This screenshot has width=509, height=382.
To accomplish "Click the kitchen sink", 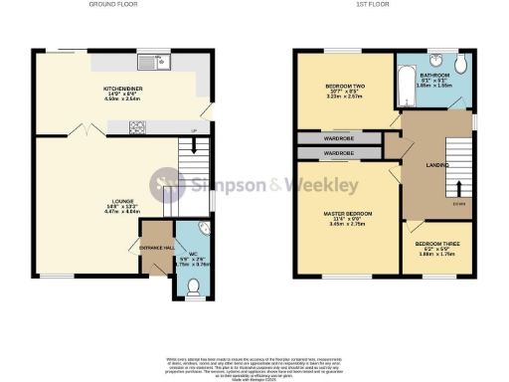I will pyautogui.click(x=157, y=63).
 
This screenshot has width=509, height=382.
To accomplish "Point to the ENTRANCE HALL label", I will pyautogui.click(x=155, y=246).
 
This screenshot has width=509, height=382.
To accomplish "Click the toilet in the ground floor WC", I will pyautogui.click(x=195, y=288).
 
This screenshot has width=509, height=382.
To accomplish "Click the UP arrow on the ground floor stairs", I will pyautogui.click(x=194, y=131).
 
